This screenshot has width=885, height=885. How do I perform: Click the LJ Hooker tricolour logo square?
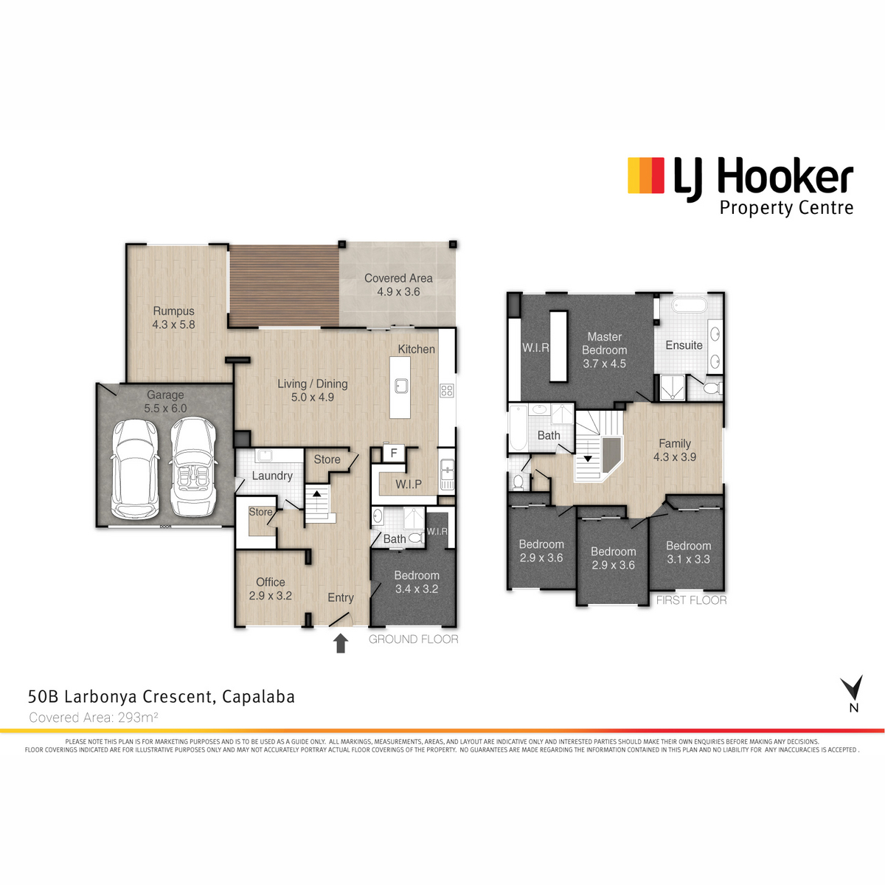(x=646, y=176)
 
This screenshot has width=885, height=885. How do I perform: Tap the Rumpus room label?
(x=173, y=318)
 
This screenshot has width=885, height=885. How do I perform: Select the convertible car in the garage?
(x=193, y=468)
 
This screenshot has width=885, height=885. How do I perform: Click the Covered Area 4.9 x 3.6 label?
(x=398, y=285)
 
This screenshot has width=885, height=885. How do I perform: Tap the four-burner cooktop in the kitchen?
(x=447, y=391)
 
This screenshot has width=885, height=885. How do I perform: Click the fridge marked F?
(x=394, y=453)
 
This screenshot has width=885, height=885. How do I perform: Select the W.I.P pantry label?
(x=409, y=484)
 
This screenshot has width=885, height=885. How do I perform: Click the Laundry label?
(x=272, y=476)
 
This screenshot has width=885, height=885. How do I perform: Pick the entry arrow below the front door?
(x=340, y=643)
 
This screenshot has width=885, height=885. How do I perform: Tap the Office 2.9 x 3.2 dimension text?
(x=271, y=596)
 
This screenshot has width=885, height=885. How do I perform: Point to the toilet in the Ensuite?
(x=712, y=389)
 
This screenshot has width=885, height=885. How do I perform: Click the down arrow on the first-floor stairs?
(x=587, y=458)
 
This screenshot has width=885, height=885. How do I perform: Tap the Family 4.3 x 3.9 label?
(x=674, y=450)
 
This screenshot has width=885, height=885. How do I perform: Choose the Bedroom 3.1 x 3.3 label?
(x=688, y=552)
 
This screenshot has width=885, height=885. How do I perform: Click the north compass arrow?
(x=853, y=689)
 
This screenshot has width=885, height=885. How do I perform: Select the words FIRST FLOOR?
(x=691, y=600)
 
